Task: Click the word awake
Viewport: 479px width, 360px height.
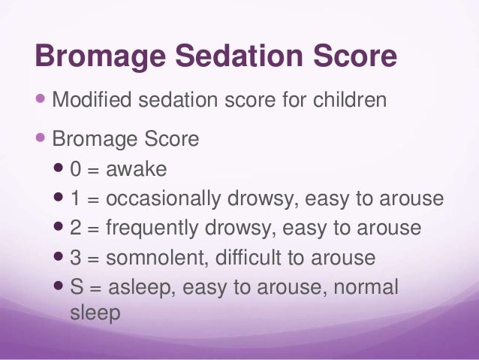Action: [x=136, y=170]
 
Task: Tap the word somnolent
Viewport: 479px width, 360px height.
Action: [x=155, y=258]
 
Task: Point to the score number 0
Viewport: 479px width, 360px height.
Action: [x=76, y=170]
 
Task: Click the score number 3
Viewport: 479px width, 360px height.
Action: [x=76, y=258]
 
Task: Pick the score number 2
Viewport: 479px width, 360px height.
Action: [x=76, y=228]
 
